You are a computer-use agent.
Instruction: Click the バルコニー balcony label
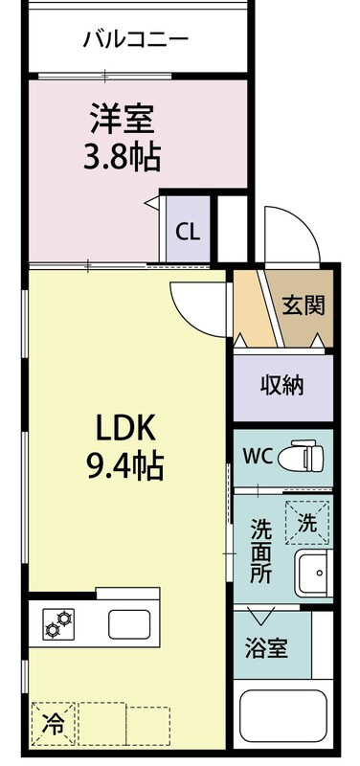coord(135,39)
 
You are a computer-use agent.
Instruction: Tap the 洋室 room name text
coord(123,119)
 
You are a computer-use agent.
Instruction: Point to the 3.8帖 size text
coord(123,157)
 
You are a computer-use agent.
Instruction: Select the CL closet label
coord(188,233)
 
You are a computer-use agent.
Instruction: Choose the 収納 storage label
coord(281,386)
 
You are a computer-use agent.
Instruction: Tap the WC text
coord(258,457)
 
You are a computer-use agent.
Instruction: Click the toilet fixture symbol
coord(301,458)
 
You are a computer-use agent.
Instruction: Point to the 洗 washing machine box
coord(308,522)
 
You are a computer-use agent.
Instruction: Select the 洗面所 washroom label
coord(260,550)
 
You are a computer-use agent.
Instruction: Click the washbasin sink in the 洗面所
coord(314,573)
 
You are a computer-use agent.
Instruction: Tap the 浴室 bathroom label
coord(266,649)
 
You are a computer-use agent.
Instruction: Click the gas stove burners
coord(58,623)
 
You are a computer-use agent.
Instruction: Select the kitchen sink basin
coord(129,624)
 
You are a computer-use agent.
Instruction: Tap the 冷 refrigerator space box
coord(54,724)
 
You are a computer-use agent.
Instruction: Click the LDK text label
coord(125,429)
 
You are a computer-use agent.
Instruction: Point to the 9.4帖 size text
coord(124,465)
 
